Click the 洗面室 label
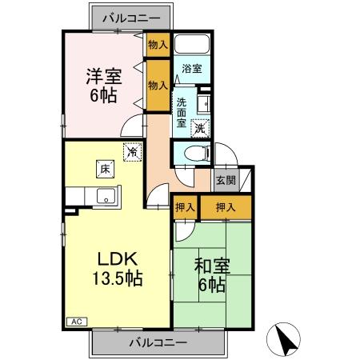pos(182,112)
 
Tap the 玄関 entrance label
pos(225,180)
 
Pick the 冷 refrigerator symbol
pos(130,150)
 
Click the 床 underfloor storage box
pos(104,168)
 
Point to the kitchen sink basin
pos(104,195)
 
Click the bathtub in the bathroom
pos(191,46)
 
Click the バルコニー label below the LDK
pos(158,342)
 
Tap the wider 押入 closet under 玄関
pos(226,207)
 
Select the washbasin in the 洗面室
pos(203,103)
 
